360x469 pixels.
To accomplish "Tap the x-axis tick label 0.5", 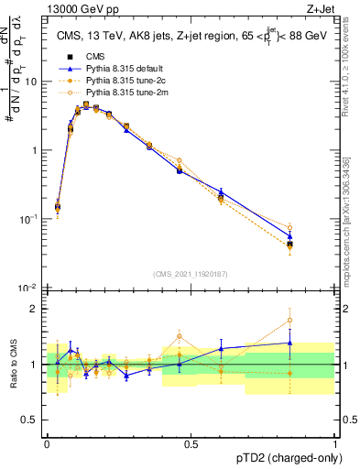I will click(191, 443).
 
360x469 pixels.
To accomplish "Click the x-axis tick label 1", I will click(334, 443).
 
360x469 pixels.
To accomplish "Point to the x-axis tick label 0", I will click(47, 443).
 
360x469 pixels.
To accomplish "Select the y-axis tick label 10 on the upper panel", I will click(32, 82).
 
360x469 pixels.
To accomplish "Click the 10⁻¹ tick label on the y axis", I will click(30, 219).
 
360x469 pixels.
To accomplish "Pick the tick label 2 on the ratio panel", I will click(37, 309).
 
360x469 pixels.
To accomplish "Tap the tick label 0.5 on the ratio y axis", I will click(32, 420).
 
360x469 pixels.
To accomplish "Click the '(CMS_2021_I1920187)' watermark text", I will click(191, 274).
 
